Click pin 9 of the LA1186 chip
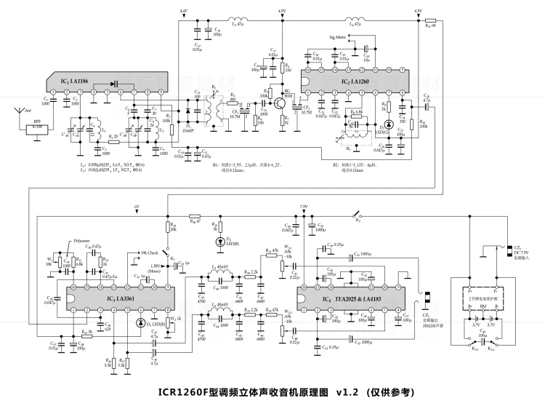(161, 92)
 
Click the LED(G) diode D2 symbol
(388, 124)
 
